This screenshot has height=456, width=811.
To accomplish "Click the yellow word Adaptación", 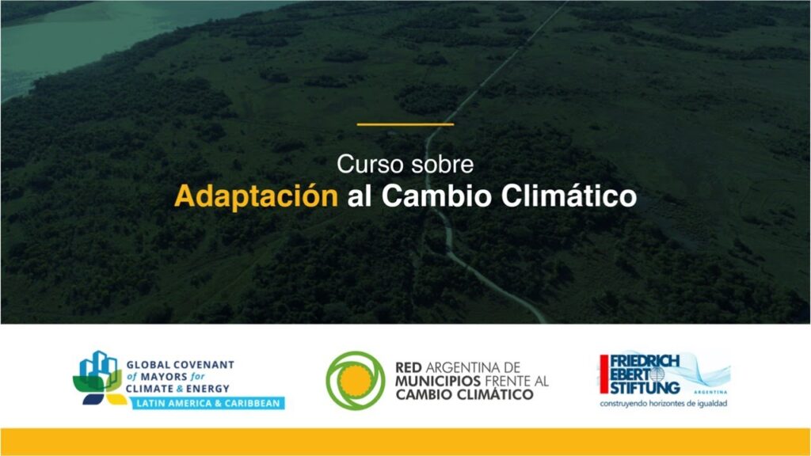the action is click(x=256, y=196).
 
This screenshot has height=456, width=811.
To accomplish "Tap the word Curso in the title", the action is click(x=367, y=165).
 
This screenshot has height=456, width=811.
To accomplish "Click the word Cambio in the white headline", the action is click(x=436, y=196).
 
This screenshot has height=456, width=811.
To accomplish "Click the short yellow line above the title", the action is click(x=405, y=124).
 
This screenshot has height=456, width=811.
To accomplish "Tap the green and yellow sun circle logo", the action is click(x=356, y=381).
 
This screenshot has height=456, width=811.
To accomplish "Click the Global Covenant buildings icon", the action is click(x=99, y=378).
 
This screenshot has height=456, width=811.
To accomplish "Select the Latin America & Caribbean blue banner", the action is click(x=208, y=403).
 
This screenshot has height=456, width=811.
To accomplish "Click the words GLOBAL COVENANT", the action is click(x=180, y=365).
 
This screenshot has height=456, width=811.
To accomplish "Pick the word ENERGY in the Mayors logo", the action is click(x=208, y=389).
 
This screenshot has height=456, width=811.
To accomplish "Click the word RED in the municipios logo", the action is click(x=409, y=367).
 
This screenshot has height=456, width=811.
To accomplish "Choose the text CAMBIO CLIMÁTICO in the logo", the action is click(x=464, y=394).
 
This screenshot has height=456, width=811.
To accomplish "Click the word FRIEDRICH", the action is click(x=645, y=361).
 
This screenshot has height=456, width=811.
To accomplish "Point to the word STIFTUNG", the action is click(x=645, y=387).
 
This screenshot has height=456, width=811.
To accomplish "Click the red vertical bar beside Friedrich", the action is click(x=604, y=374).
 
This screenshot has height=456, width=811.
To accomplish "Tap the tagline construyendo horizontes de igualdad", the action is click(x=664, y=403).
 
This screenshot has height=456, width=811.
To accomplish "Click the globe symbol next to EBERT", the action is click(x=657, y=374).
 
